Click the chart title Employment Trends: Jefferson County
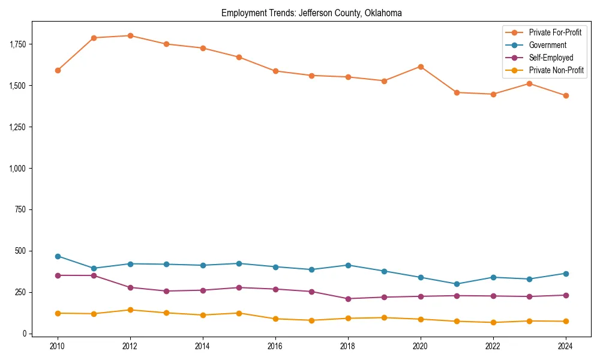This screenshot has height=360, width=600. [311, 13]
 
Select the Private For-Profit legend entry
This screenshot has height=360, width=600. [555, 32]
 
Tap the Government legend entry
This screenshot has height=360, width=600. [547, 45]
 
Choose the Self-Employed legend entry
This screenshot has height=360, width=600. [551, 58]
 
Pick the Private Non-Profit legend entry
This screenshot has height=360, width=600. [556, 70]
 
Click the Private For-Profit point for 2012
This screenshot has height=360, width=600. [130, 35]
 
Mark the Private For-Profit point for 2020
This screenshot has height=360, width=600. [421, 67]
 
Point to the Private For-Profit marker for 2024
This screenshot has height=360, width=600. [566, 95]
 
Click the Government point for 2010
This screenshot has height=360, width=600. [58, 256]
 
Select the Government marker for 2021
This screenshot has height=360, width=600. [457, 284]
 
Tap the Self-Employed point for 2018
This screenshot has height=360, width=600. [348, 299]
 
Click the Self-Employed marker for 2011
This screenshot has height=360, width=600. [94, 275]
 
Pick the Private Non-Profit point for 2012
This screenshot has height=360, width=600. [130, 310]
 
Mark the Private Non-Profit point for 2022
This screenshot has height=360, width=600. [493, 322]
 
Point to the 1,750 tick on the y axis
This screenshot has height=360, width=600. [18, 44]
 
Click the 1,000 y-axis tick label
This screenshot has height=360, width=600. [18, 169]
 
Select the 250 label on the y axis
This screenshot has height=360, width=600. [21, 292]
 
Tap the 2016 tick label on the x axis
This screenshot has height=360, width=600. [275, 346]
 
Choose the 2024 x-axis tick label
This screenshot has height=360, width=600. [566, 346]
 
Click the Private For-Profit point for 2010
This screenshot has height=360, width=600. [58, 70]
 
